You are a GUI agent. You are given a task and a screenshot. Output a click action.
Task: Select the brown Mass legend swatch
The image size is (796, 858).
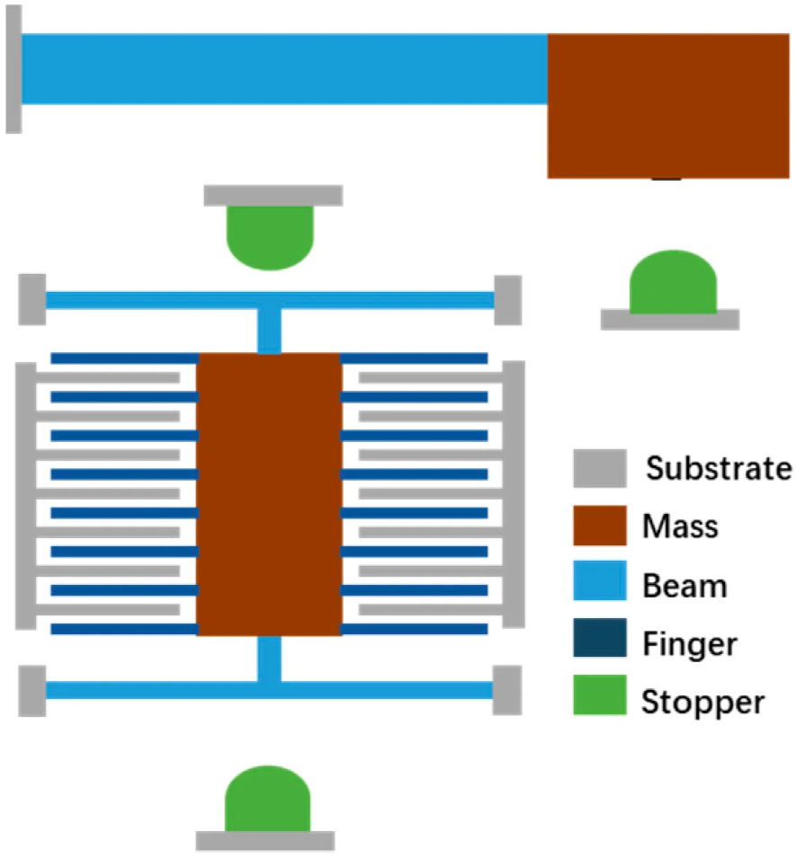[x=600, y=526]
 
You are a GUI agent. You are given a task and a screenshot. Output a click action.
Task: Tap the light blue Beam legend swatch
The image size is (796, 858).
[x=600, y=584]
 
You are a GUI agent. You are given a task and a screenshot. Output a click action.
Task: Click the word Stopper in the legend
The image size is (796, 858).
[x=703, y=701]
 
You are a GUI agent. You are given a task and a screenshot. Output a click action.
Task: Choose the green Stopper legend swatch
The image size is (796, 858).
[x=600, y=700]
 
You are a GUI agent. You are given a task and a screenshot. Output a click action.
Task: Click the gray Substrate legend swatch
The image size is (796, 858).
[x=600, y=468]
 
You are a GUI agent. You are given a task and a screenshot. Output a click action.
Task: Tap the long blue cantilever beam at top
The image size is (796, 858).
[x=284, y=69]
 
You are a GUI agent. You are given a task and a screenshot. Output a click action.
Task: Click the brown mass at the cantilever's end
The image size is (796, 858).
[x=667, y=105]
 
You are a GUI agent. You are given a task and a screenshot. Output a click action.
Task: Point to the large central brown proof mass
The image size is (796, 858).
[x=269, y=494]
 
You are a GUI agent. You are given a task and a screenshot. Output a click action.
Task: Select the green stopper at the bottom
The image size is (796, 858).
[x=267, y=799]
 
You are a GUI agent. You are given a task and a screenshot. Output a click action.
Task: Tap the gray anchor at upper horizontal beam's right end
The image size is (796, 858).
[x=507, y=300]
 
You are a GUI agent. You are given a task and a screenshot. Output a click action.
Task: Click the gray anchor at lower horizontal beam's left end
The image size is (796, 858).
[x=31, y=690]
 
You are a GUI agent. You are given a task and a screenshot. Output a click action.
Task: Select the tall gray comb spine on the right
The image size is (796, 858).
[x=514, y=494]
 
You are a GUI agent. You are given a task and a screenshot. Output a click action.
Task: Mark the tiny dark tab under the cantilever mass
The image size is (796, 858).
[x=666, y=179]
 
